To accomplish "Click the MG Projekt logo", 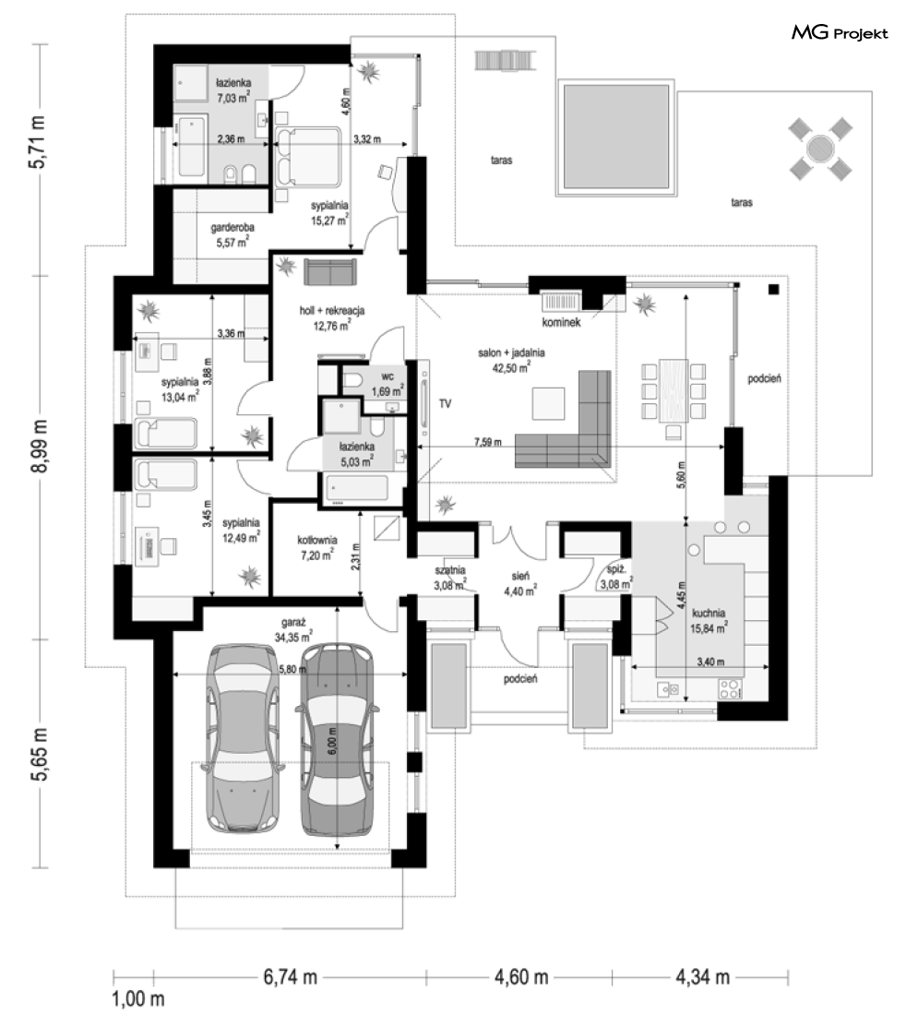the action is click(x=840, y=32).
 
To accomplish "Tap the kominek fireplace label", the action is click(x=561, y=322).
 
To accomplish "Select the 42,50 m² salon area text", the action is click(x=511, y=367).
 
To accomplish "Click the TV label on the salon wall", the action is click(x=445, y=404).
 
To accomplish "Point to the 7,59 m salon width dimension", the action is click(x=488, y=442).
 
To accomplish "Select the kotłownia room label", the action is click(x=316, y=541).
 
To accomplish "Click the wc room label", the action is click(x=387, y=377).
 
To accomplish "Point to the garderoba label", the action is click(x=232, y=228).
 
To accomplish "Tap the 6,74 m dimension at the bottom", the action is click(x=290, y=977).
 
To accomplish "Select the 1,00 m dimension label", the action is click(x=138, y=999).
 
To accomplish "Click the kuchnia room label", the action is click(x=708, y=613).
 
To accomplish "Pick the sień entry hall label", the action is click(x=520, y=577).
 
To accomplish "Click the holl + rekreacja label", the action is click(x=332, y=310).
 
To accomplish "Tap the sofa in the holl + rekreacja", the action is click(x=330, y=272).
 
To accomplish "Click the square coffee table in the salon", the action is click(x=548, y=403).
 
